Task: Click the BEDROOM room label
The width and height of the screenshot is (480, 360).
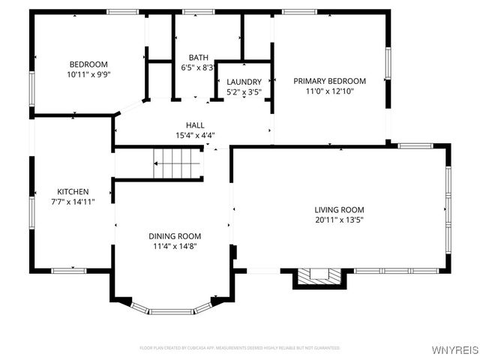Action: point(88,64)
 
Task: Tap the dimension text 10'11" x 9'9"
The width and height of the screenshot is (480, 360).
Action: point(88,75)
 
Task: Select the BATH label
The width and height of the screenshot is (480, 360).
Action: point(198,57)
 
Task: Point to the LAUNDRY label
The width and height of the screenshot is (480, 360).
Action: point(244,82)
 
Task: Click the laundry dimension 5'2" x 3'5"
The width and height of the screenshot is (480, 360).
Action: point(244,92)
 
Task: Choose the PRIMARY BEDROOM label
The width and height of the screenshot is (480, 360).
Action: point(329,81)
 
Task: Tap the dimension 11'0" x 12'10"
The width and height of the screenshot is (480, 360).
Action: point(329,91)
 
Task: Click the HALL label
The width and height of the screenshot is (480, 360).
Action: point(195,125)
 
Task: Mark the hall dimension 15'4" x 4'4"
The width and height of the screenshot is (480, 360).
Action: point(195,136)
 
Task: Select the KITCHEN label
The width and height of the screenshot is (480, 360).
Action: point(73,192)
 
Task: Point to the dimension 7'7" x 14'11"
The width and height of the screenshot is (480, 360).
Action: point(73,202)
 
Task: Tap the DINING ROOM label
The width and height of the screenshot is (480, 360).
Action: point(175,235)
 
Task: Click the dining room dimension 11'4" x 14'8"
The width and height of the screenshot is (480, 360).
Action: point(175,246)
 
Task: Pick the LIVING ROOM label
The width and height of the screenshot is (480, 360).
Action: point(339,210)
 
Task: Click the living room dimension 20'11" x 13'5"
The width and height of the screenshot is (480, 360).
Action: point(339,220)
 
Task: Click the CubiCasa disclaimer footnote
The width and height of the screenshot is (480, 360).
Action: point(240,348)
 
